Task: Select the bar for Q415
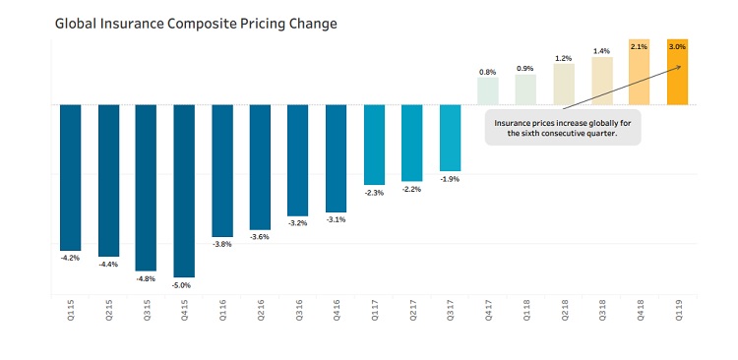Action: click(x=184, y=191)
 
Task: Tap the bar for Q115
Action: click(x=70, y=177)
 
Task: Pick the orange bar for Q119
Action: click(x=677, y=72)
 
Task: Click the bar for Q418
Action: click(x=639, y=72)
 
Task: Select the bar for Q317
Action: click(x=450, y=138)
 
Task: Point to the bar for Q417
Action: click(x=488, y=90)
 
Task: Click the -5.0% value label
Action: click(x=184, y=285)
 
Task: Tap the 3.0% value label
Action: click(x=677, y=46)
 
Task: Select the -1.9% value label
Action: click(x=450, y=179)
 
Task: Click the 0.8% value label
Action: click(x=488, y=71)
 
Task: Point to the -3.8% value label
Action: click(x=222, y=244)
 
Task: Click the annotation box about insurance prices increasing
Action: click(x=563, y=127)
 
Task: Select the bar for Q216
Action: click(x=260, y=167)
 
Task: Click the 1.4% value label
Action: click(x=601, y=50)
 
